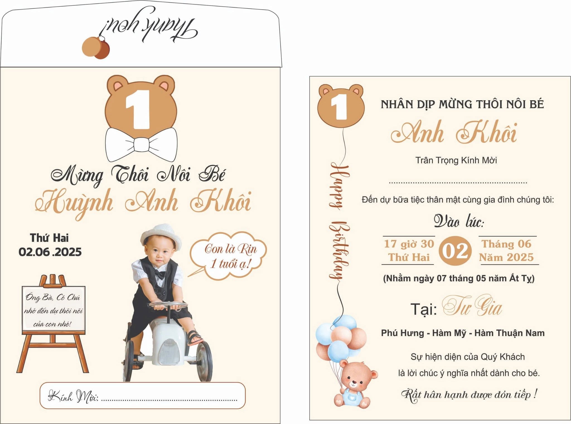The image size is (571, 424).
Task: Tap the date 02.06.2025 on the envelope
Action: [50, 252]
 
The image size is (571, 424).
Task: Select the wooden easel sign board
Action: [53, 324]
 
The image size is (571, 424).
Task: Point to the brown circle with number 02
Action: [455, 250]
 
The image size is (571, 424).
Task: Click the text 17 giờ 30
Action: [409, 244]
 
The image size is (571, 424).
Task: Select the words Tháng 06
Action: [507, 244]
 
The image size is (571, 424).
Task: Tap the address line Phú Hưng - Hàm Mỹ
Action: [463, 333]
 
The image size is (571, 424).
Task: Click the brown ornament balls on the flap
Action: [96, 48]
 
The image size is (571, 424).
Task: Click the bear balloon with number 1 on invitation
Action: [341, 106]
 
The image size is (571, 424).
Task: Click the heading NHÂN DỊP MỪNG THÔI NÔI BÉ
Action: [462, 104]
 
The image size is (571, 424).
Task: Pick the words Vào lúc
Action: [459, 222]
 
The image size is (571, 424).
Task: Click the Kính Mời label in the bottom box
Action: [73, 397]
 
